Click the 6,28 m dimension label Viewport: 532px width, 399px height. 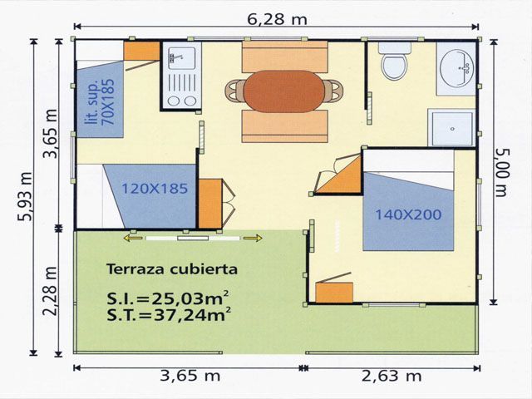point(277,19)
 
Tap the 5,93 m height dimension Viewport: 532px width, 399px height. point(25,196)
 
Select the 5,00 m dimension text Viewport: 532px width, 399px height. point(502,173)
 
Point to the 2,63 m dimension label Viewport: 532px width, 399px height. point(392,376)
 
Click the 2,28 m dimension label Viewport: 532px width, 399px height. point(50,292)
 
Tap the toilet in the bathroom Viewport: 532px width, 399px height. point(394,61)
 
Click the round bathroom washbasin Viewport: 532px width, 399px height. point(456,67)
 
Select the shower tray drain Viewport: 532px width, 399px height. point(452,129)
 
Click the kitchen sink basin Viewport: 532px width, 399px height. point(182,58)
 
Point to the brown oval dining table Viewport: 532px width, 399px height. point(284,91)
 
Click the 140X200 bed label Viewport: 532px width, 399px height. point(408,214)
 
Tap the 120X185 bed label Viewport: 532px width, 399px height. point(155,189)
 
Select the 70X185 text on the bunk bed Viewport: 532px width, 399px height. point(109,102)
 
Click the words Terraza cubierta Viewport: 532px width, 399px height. point(172,269)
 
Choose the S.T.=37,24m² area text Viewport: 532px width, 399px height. point(169,314)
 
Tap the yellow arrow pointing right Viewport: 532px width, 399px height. point(253,239)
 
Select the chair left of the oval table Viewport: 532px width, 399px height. point(234,91)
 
